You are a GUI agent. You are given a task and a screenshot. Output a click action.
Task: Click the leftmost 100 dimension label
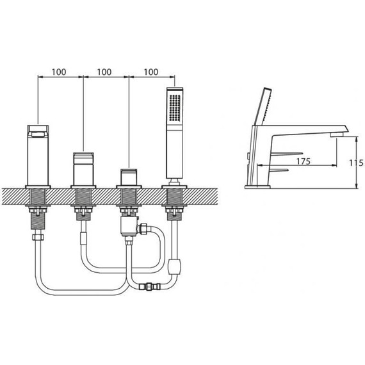point(59,72)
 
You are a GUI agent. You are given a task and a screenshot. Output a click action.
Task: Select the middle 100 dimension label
point(104,72)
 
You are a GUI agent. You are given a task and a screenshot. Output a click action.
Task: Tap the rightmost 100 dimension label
point(151,72)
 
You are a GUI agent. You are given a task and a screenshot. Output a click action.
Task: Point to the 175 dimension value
point(304,161)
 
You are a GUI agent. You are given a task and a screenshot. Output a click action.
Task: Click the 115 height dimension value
point(356,163)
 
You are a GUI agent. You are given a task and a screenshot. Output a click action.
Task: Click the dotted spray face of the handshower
point(175,108)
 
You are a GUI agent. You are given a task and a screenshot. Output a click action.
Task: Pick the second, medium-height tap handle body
point(84,169)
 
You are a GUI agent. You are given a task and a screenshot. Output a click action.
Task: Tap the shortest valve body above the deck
point(129,177)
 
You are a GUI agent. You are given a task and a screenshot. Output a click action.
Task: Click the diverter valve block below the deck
point(129,227)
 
